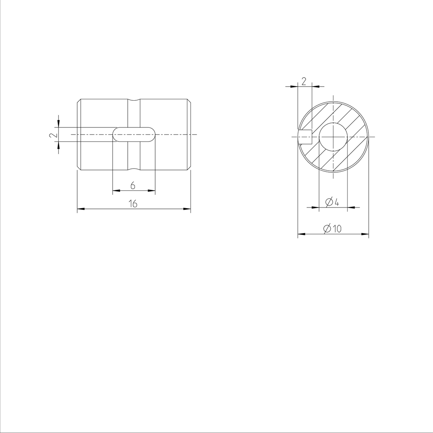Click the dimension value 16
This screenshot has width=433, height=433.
tap(133, 204)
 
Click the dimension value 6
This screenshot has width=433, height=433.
tap(133, 186)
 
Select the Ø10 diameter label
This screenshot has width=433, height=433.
tap(332, 229)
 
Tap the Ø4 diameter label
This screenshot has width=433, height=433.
tap(332, 202)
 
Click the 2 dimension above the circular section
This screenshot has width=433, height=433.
tap(303, 81)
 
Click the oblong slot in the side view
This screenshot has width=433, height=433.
tap(134, 134)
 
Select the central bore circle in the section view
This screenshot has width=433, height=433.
tap(333, 137)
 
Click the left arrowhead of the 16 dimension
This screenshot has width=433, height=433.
tap(80, 209)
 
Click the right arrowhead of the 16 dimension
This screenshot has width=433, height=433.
tap(188, 209)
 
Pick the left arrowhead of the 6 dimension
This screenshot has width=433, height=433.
tap(115, 191)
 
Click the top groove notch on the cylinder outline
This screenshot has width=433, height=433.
tap(134, 101)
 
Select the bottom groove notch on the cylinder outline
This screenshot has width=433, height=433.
tap(134, 169)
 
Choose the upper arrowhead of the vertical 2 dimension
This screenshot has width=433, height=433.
tap(58, 124)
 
